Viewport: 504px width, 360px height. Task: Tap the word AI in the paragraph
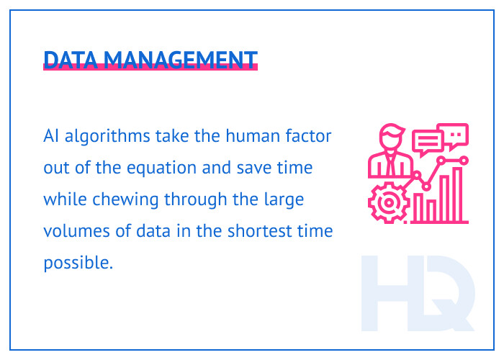[50, 136]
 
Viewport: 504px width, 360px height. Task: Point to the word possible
[78, 264]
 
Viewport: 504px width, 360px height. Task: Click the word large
[286, 199]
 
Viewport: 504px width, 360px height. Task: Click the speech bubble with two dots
[456, 134]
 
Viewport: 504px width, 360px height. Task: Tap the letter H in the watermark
[389, 292]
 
